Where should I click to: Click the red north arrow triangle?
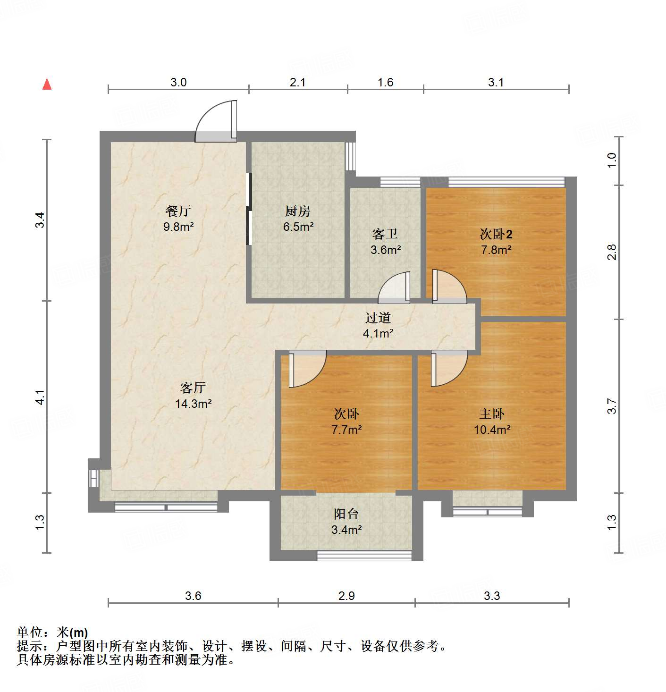[47, 84]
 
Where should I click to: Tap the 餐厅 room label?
[178, 211]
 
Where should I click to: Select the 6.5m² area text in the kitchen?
[298, 227]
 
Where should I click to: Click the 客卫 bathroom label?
[385, 234]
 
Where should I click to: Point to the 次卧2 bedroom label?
[496, 234]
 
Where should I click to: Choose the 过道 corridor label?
[378, 318]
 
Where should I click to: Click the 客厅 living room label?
[193, 388]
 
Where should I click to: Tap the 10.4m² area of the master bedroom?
[492, 430]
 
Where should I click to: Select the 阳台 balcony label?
[346, 514]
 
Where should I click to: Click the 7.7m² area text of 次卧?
[346, 430]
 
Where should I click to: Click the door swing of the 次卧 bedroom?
[306, 369]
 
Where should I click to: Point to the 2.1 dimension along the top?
[297, 83]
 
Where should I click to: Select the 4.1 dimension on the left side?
[40, 397]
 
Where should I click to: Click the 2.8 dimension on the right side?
[612, 252]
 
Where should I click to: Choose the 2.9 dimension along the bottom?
[346, 596]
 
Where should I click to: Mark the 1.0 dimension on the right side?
[612, 160]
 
